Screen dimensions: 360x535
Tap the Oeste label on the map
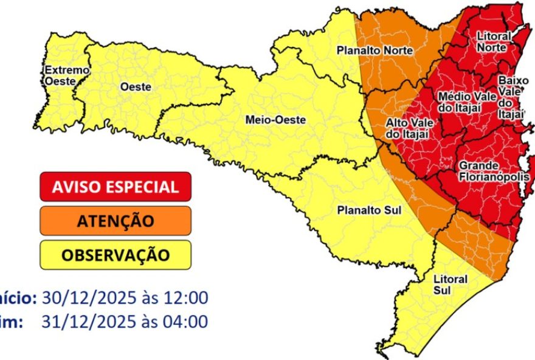coord(136,87)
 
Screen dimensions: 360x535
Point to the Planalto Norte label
coord(374,50)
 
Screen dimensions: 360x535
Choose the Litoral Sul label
coord(450,284)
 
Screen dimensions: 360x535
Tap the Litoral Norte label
coord(493,42)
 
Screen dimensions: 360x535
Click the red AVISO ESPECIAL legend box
coord(116,187)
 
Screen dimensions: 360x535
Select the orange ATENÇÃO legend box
coord(116,221)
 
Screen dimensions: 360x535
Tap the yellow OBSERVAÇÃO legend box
coord(116,255)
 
